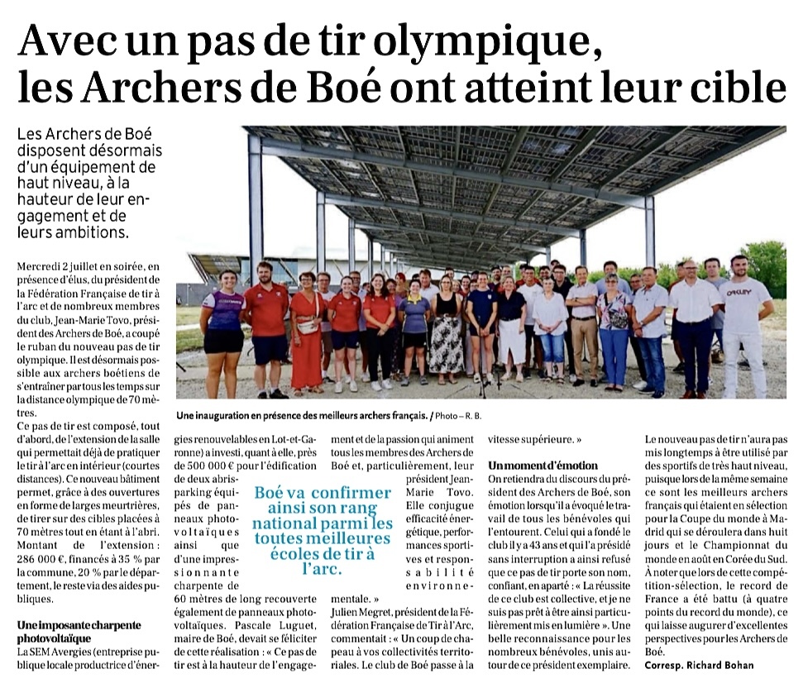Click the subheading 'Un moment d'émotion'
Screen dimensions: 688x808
point(543,466)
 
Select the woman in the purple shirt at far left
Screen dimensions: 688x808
point(224,331)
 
